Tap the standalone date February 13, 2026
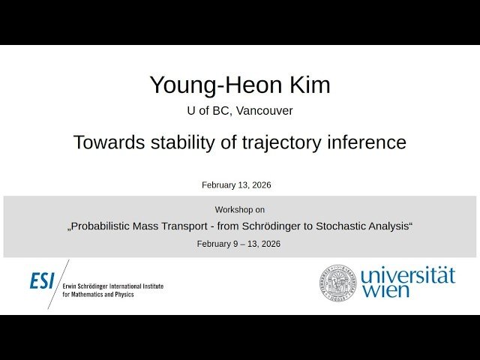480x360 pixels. [x=236, y=184]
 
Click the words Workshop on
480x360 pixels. [x=240, y=210]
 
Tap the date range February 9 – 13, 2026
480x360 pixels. [x=238, y=244]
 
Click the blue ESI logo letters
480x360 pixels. [x=42, y=281]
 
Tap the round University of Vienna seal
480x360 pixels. [x=337, y=283]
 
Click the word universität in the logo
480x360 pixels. [x=408, y=275]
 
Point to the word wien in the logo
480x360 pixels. [x=386, y=291]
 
